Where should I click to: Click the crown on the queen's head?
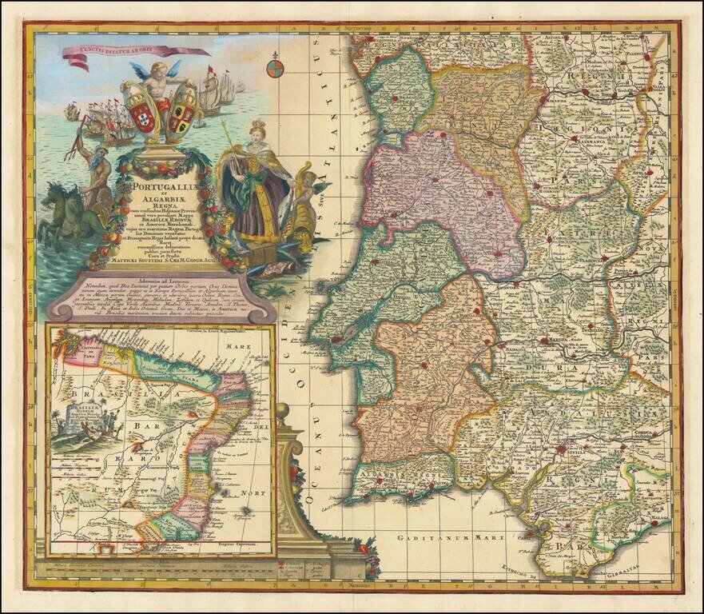[258, 128]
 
